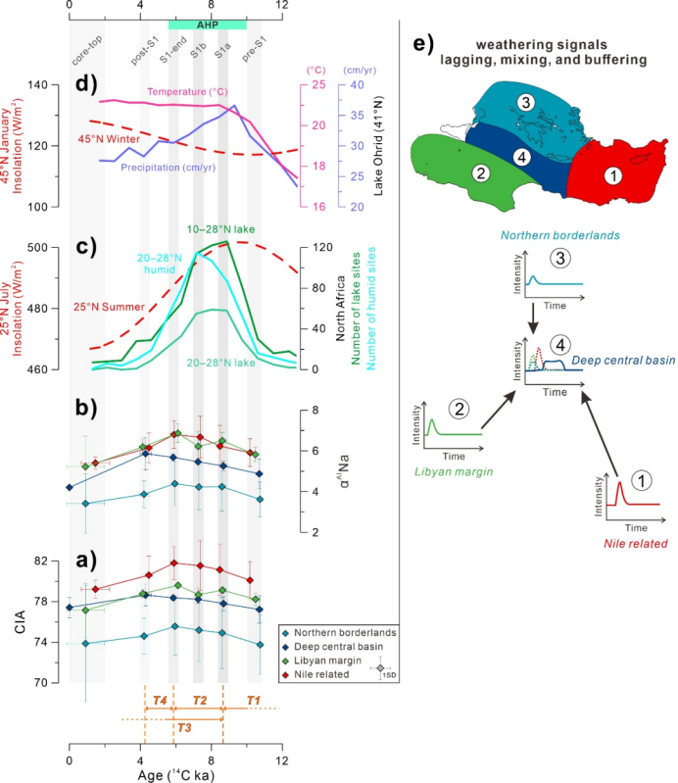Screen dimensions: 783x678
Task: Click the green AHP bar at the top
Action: click(207, 24)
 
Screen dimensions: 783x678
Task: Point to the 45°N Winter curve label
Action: click(110, 139)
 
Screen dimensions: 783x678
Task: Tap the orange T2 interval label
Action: click(199, 700)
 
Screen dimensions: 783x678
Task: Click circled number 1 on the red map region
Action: click(613, 175)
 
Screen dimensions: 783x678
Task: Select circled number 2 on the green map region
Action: click(479, 173)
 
